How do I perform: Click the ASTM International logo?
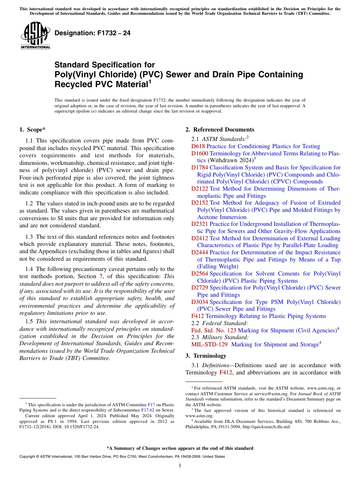35,36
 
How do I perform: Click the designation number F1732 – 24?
92,33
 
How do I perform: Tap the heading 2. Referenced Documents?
220,130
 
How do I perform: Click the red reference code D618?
198,146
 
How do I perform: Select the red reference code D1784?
199,167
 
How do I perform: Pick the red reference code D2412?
199,238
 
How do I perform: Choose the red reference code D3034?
199,302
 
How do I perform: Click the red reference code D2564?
199,274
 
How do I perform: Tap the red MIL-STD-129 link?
210,344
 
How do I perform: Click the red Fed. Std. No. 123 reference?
214,330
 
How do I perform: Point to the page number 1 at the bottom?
180,466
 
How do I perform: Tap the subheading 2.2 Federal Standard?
219,323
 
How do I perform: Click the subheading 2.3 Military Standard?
220,337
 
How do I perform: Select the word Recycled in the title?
72,84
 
